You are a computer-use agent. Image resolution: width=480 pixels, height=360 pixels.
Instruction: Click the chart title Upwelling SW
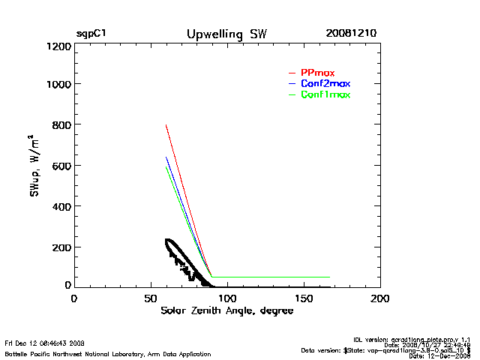coord(226,34)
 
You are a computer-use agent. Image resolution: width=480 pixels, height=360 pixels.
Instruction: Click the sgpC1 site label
coord(91,34)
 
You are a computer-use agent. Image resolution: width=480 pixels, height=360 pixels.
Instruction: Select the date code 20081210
coord(351,34)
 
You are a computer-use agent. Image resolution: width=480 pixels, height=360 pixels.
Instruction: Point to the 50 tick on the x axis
coord(150,298)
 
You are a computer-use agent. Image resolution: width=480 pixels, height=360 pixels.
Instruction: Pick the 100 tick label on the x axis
coord(226,298)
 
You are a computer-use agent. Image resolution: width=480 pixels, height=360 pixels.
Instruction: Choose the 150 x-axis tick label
coord(304,298)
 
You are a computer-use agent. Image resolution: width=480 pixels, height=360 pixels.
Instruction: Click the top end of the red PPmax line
coord(166,124)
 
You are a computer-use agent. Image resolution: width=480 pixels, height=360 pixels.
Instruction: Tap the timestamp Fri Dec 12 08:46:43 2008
coord(44,342)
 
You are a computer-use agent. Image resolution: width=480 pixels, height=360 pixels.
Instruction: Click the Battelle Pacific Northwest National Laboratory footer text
coord(107,353)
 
